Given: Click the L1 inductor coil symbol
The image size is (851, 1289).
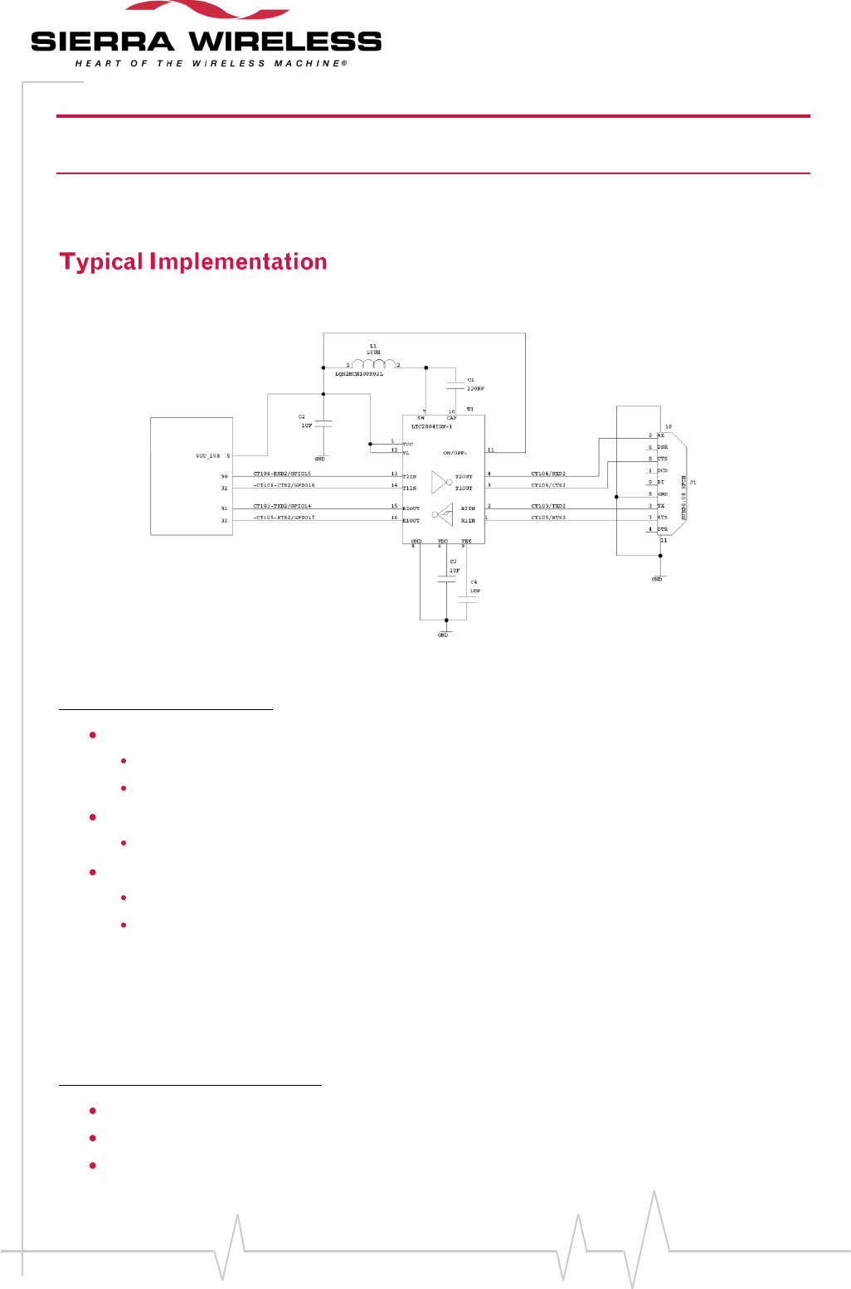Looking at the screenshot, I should click(373, 363).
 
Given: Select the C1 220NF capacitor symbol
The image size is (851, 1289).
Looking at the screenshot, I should click(455, 385).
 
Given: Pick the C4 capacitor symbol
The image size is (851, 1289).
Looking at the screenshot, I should click(467, 602).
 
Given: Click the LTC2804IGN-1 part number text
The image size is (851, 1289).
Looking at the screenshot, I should click(431, 426).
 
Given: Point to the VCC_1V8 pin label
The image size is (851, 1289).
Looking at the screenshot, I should click(208, 456).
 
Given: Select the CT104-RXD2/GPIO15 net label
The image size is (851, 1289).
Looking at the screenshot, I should click(282, 474).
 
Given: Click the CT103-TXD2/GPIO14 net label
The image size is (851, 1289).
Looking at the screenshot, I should click(282, 506).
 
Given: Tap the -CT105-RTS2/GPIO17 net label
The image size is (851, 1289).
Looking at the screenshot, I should click(284, 518).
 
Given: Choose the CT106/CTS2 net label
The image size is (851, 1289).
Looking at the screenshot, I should click(548, 485).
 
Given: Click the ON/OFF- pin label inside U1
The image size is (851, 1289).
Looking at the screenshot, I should click(455, 453).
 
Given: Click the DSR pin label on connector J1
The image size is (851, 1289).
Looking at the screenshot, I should click(662, 447).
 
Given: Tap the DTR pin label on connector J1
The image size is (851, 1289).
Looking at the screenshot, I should click(662, 529).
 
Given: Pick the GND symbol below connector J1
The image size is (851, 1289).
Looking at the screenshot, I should click(657, 577).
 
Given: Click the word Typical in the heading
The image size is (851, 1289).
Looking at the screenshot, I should click(101, 262).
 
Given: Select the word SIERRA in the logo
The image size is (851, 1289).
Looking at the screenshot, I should click(103, 42).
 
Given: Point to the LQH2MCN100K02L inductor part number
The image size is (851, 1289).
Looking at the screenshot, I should click(359, 374).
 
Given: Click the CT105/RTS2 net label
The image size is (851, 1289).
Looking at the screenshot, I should click(548, 518).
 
